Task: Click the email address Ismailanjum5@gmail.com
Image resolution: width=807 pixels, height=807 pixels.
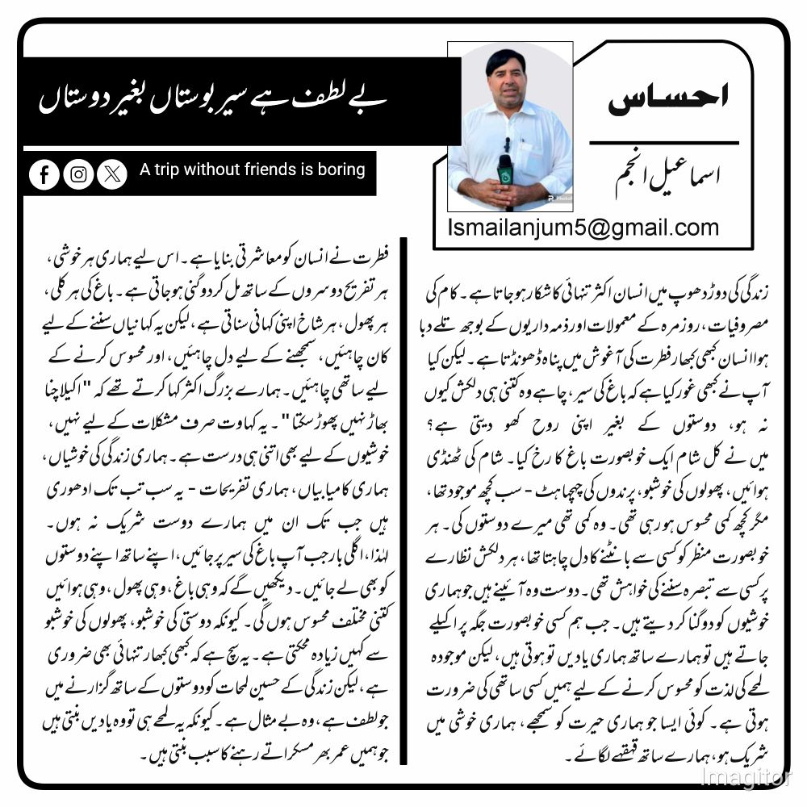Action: (x=583, y=228)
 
